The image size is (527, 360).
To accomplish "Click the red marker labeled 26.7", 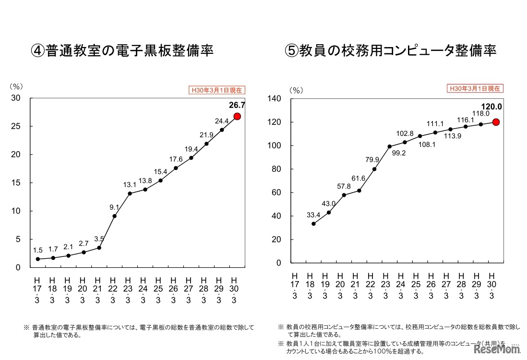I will pyautogui.click(x=237, y=117).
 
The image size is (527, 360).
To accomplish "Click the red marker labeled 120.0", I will pyautogui.click(x=496, y=122).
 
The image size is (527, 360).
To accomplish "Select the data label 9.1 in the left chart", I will pyautogui.click(x=114, y=207).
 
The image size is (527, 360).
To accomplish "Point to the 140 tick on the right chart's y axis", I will pyautogui.click(x=275, y=99).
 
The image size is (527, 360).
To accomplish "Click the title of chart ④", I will pyautogui.click(x=122, y=51).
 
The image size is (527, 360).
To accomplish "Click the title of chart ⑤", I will pyautogui.click(x=390, y=51).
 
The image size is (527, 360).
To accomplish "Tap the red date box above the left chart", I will pyautogui.click(x=217, y=89).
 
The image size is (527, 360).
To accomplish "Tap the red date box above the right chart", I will pyautogui.click(x=475, y=88).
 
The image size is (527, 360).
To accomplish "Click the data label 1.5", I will pyautogui.click(x=38, y=251).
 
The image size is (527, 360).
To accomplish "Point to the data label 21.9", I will pyautogui.click(x=207, y=134).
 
